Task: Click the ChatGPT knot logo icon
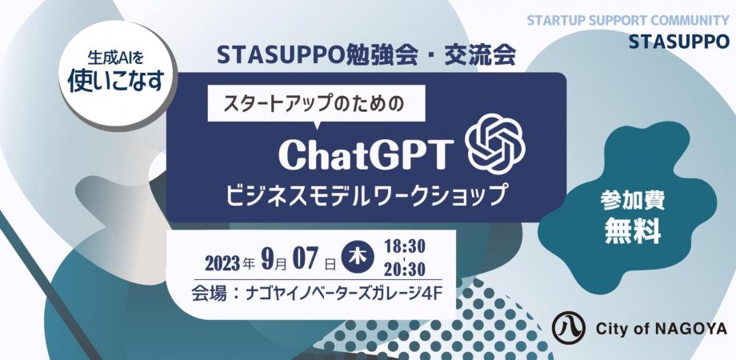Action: coord(495,144)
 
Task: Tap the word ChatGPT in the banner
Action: coord(366,155)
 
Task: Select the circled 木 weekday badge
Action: coord(358,258)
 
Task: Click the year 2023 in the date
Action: coord(222,263)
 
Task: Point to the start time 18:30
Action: coord(404,246)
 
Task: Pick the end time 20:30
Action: coord(404,269)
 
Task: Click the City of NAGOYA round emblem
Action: coord(569,328)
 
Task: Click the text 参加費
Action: coord(632,202)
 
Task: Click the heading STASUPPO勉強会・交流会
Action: coord(366,56)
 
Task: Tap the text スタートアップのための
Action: coord(313,104)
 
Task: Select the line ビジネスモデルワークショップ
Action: coord(366,194)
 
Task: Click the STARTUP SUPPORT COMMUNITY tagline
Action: coord(628,21)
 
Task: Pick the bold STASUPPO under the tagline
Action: coord(679,42)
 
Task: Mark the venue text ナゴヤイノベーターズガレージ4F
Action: coord(343,294)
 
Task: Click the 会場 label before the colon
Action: coord(210,294)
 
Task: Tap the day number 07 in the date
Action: coord(306,260)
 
